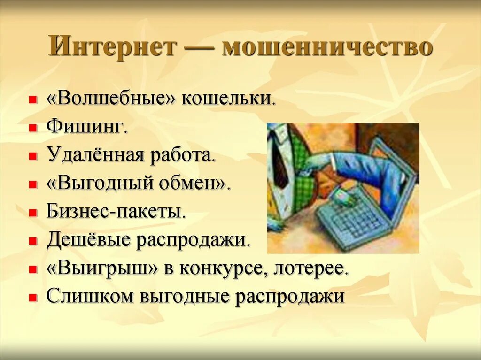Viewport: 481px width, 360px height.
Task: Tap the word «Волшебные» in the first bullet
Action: (111, 99)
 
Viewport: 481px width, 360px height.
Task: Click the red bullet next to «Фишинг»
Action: (32, 128)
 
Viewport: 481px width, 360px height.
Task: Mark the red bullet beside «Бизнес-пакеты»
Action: (32, 213)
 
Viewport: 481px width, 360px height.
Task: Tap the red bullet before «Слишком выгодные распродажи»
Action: (32, 298)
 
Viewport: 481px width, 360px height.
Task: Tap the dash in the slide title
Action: (199, 48)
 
